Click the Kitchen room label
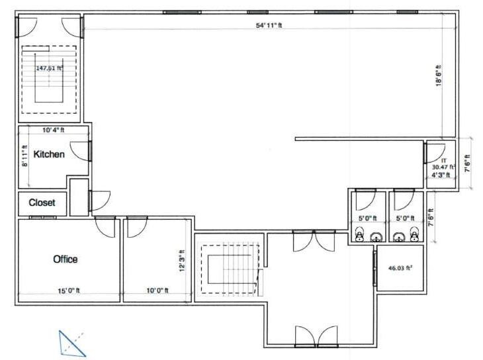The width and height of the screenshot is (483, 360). (x=49, y=154)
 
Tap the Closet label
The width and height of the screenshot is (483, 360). (x=42, y=202)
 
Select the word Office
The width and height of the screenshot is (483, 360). (x=65, y=259)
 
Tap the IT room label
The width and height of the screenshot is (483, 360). (x=445, y=161)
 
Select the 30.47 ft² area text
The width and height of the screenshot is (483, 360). (x=443, y=168)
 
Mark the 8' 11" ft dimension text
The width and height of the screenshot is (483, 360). (x=24, y=157)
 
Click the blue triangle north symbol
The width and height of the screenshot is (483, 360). (x=71, y=342)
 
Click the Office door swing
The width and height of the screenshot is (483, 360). (x=105, y=227)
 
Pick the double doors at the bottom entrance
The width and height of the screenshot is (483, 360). (x=308, y=336)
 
